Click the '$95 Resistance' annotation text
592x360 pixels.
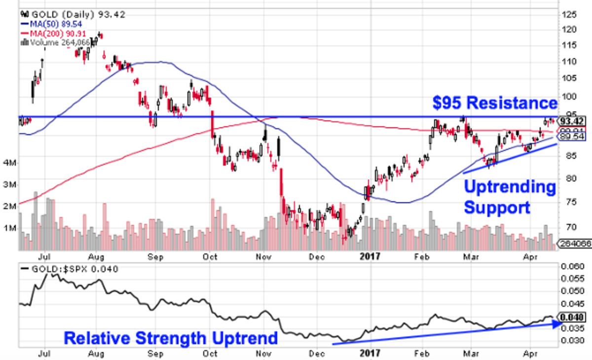pos(495,104)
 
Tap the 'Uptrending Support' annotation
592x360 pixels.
pos(509,197)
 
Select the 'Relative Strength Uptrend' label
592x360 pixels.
pos(171,339)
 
